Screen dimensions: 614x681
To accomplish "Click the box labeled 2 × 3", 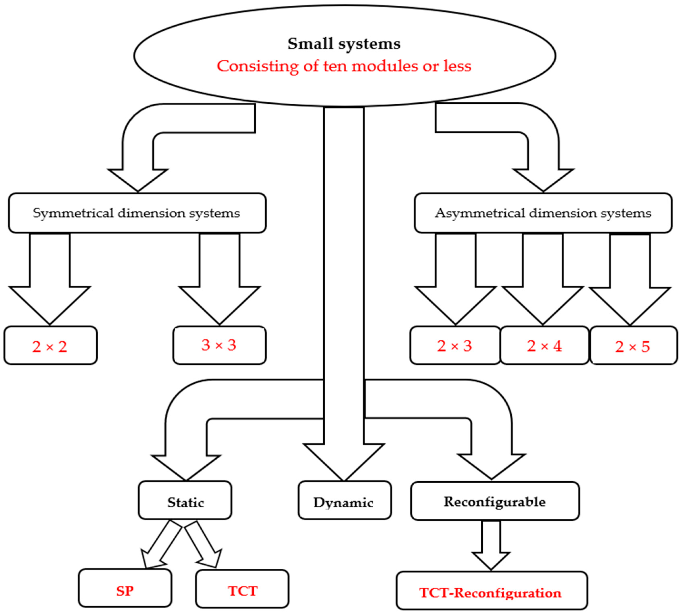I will [455, 346].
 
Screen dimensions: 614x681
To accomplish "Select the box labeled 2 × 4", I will [544, 346].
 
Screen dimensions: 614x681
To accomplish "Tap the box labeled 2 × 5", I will [633, 346].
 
